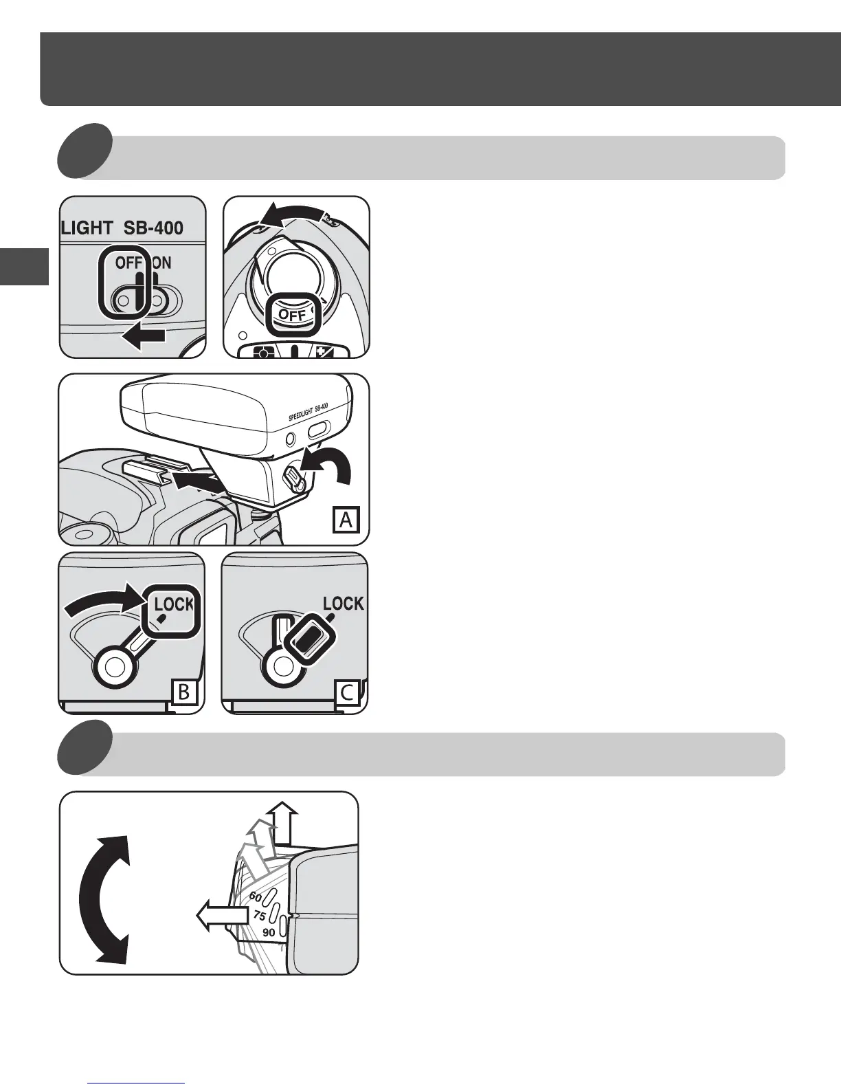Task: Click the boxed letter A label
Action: (346, 519)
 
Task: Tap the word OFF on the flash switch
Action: (128, 263)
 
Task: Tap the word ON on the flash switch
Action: (161, 263)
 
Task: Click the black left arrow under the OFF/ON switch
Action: (144, 336)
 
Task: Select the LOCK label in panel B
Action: (174, 604)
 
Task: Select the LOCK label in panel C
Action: (344, 604)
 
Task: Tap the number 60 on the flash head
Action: (255, 896)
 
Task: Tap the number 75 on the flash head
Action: (259, 916)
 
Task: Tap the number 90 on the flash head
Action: (269, 933)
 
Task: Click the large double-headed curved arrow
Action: (103, 901)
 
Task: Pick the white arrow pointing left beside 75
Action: (221, 916)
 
